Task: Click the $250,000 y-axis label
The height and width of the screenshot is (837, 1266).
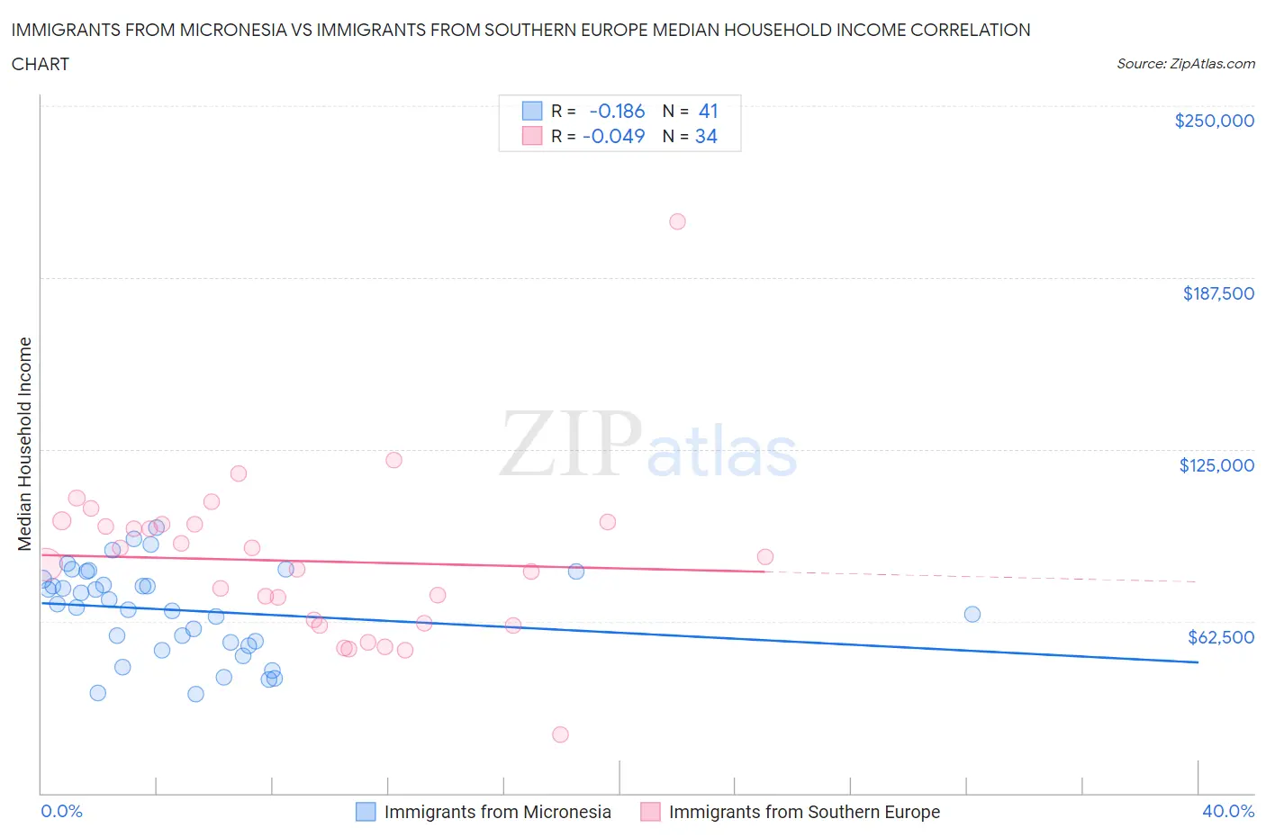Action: pyautogui.click(x=1214, y=121)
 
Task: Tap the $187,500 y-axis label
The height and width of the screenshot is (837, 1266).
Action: pyautogui.click(x=1218, y=293)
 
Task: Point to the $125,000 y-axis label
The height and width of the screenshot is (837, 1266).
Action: pyautogui.click(x=1216, y=465)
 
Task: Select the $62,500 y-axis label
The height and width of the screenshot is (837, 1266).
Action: pyautogui.click(x=1220, y=637)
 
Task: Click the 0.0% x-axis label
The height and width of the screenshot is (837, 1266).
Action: pyautogui.click(x=61, y=811)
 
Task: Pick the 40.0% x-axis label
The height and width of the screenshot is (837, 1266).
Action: pyautogui.click(x=1227, y=811)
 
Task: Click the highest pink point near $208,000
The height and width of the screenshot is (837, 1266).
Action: pyautogui.click(x=677, y=221)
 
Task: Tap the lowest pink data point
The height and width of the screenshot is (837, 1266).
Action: pyautogui.click(x=560, y=734)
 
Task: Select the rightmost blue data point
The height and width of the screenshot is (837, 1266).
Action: pyautogui.click(x=972, y=615)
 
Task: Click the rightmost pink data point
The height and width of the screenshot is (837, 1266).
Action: pyautogui.click(x=765, y=556)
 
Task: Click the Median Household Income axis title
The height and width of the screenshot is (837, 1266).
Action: pyautogui.click(x=25, y=444)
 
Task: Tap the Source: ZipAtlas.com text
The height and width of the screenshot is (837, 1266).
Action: pyautogui.click(x=1185, y=64)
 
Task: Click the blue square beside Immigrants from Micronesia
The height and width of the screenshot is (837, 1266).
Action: pyautogui.click(x=366, y=812)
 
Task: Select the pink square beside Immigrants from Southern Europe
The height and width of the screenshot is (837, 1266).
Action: pyautogui.click(x=650, y=812)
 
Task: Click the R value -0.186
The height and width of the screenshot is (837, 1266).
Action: pyautogui.click(x=617, y=111)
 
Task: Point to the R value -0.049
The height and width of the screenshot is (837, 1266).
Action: pyautogui.click(x=614, y=136)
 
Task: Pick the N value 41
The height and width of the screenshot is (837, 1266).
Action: pyautogui.click(x=708, y=111)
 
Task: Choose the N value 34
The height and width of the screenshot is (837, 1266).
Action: pyautogui.click(x=706, y=136)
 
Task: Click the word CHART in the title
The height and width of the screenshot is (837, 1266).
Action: pyautogui.click(x=41, y=64)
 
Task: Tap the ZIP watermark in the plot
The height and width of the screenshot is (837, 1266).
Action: pyautogui.click(x=570, y=444)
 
